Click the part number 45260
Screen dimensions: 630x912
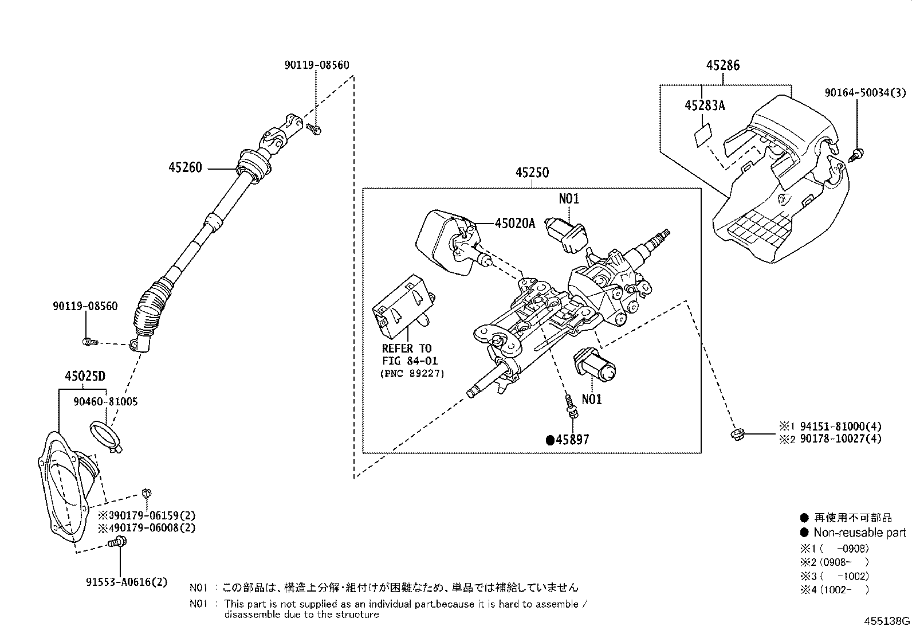click(185, 168)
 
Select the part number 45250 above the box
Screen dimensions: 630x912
click(532, 173)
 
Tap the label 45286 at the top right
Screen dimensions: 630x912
click(722, 65)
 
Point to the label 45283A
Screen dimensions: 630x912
click(704, 105)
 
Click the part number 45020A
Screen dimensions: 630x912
click(514, 224)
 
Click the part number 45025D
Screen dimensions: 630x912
click(85, 376)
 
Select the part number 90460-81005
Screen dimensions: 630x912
click(105, 402)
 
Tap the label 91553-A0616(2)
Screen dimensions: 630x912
click(127, 582)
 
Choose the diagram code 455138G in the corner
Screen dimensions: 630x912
click(886, 621)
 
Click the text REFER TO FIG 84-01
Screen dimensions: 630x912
click(407, 354)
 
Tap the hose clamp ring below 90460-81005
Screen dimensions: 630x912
click(105, 433)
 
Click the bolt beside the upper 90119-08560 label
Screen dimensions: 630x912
click(313, 129)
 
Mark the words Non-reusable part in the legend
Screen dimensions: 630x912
click(859, 533)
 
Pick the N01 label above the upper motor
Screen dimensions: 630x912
click(568, 199)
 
